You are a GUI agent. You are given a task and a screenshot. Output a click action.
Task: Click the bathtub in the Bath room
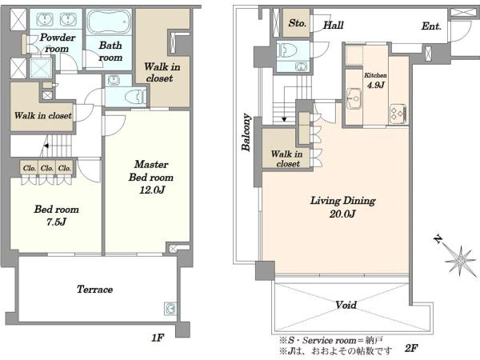point(108,22)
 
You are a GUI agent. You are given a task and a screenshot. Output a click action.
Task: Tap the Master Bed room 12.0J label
point(151,178)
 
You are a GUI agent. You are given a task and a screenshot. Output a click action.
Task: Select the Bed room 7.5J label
point(56,215)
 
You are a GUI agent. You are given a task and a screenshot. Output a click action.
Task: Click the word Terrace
point(94,290)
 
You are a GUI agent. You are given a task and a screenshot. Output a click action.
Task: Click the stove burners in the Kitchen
point(398,114)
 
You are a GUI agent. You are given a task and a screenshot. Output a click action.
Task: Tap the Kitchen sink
point(354,98)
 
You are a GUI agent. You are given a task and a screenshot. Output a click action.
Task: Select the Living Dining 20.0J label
point(343,207)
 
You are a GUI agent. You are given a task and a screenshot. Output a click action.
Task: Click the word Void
point(346,305)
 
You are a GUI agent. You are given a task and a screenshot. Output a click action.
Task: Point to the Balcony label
point(246,132)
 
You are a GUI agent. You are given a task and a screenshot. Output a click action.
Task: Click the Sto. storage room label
point(298,23)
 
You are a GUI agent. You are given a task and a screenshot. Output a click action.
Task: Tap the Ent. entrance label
point(431,26)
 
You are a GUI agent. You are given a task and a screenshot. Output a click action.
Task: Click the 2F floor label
point(411,348)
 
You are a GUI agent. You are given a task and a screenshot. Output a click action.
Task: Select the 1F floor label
point(158,338)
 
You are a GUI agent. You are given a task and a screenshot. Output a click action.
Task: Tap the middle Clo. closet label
point(47,168)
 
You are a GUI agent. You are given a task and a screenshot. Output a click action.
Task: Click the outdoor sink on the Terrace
point(170,309)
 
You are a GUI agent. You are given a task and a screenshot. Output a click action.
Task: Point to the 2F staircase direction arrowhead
point(284,118)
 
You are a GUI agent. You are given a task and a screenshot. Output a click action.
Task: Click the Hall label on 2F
point(334,25)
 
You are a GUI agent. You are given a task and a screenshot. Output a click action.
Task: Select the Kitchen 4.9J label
point(375,81)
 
